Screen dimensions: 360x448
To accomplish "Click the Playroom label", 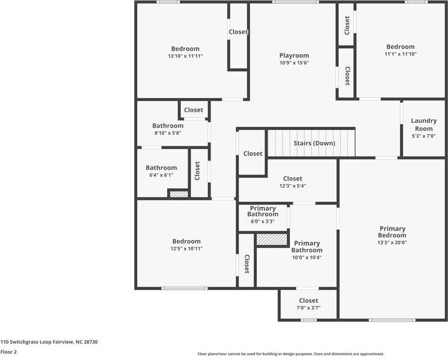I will pyautogui.click(x=294, y=55).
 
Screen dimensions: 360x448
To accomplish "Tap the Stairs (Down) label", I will pyautogui.click(x=314, y=143).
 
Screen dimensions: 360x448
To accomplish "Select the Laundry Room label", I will pyautogui.click(x=423, y=125).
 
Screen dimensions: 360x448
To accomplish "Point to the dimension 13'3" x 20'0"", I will pyautogui.click(x=392, y=243).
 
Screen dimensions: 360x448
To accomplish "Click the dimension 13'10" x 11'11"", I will pyautogui.click(x=185, y=56).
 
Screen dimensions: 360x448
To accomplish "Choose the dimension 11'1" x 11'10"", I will pyautogui.click(x=400, y=54).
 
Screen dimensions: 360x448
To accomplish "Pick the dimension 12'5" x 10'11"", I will pyautogui.click(x=186, y=249).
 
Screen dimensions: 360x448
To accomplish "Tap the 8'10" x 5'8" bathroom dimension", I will pyautogui.click(x=167, y=133).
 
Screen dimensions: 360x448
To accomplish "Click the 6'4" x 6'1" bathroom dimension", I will pyautogui.click(x=161, y=175).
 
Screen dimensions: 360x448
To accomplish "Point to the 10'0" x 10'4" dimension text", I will pyautogui.click(x=307, y=258).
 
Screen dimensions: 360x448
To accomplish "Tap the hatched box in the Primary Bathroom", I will pyautogui.click(x=272, y=239).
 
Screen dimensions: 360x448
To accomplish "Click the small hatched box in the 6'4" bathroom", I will pyautogui.click(x=179, y=194).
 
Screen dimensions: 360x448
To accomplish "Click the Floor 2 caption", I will pyautogui.click(x=8, y=352).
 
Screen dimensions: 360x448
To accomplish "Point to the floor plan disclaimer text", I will pyautogui.click(x=290, y=354).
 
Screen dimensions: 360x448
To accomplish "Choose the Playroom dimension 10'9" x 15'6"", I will pyautogui.click(x=294, y=63).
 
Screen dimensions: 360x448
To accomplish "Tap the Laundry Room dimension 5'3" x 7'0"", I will pyautogui.click(x=423, y=136).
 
